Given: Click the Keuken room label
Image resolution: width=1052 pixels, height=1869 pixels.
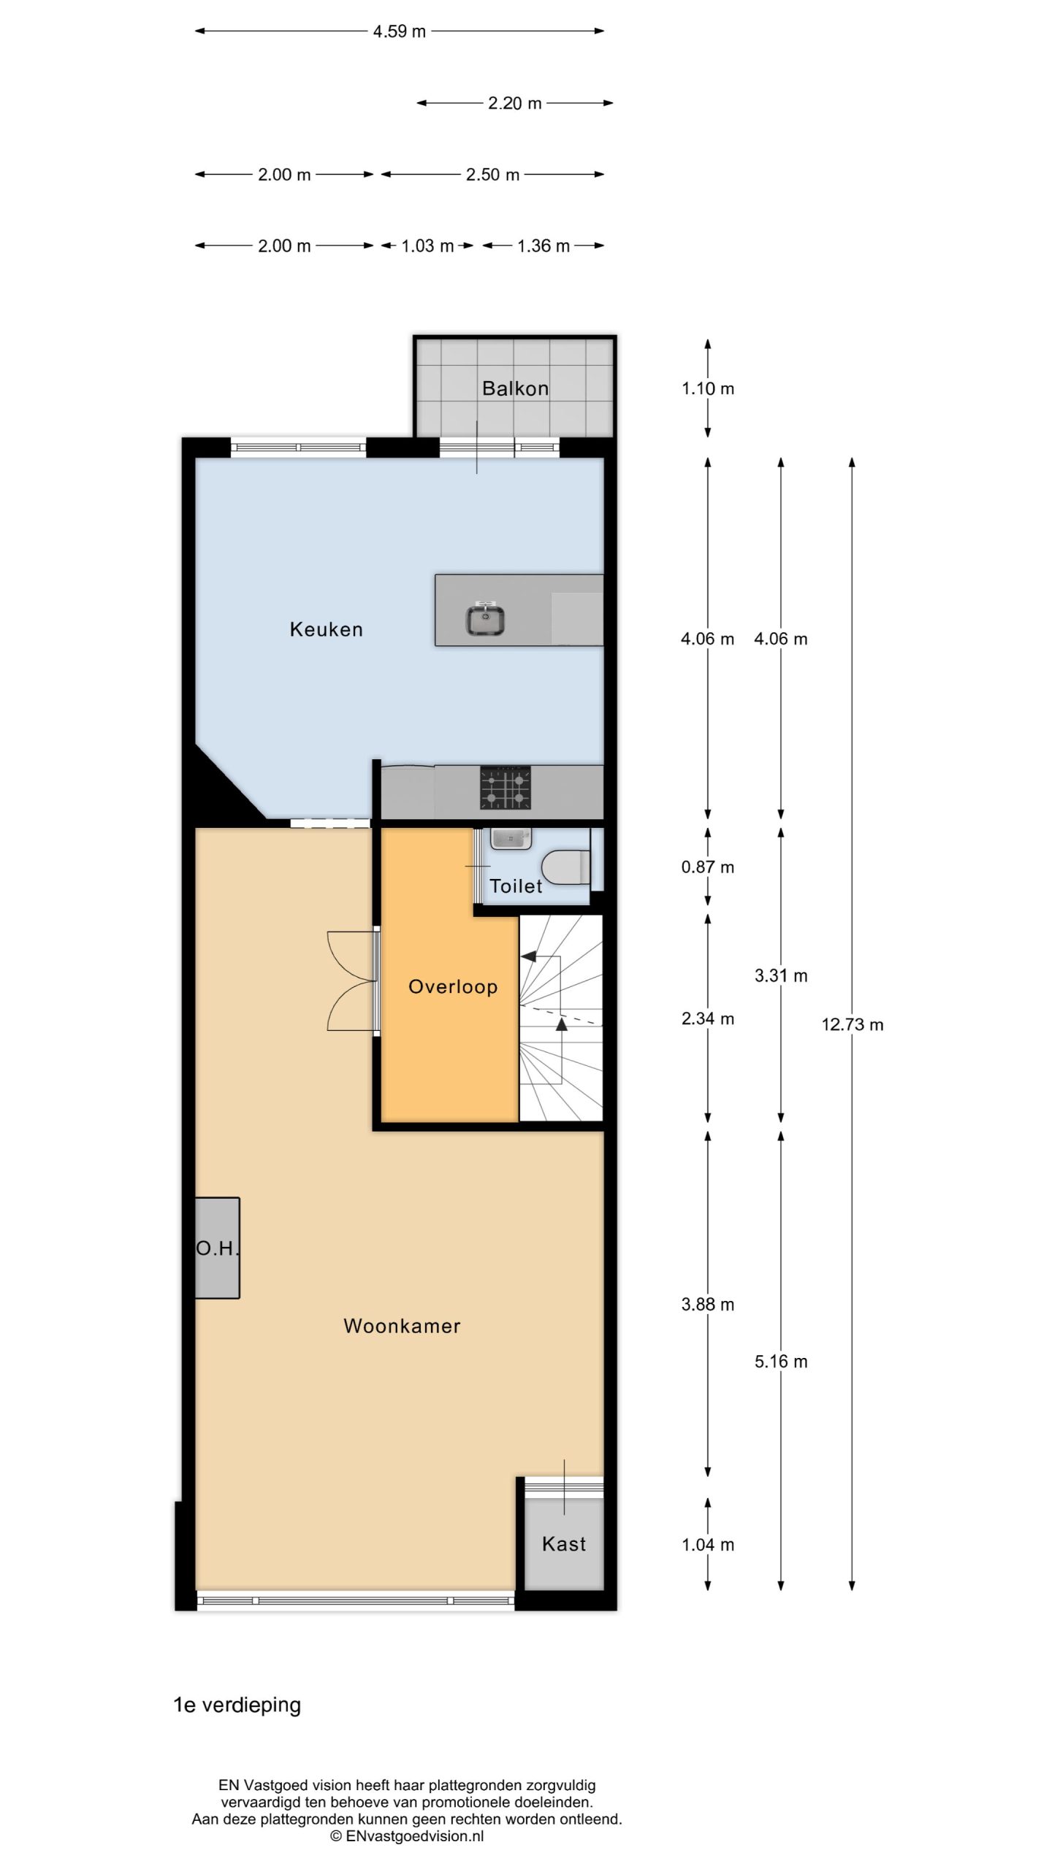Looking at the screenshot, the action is pyautogui.click(x=326, y=629).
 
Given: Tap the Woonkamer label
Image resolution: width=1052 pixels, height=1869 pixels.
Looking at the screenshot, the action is pyautogui.click(x=402, y=1326).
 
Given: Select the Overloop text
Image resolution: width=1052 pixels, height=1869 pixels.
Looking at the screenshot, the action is pyautogui.click(x=453, y=987).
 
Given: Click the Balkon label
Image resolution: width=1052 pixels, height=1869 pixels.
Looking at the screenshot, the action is pyautogui.click(x=515, y=388).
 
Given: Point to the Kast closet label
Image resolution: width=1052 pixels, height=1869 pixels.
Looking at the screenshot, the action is pyautogui.click(x=564, y=1543).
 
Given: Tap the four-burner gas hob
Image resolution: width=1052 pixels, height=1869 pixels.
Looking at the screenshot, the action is pyautogui.click(x=506, y=788).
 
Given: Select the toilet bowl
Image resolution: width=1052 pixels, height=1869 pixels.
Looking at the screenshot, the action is pyautogui.click(x=566, y=867).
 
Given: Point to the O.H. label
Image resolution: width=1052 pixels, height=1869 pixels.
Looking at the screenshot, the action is pyautogui.click(x=218, y=1248).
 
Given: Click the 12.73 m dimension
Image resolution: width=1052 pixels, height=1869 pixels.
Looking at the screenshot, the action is pyautogui.click(x=853, y=1024).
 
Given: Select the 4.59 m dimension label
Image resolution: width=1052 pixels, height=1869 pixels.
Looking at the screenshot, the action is pyautogui.click(x=400, y=31).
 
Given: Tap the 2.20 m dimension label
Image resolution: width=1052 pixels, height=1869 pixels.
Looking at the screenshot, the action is pyautogui.click(x=515, y=103).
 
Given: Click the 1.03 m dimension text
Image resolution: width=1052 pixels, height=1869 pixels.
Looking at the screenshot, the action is pyautogui.click(x=427, y=246).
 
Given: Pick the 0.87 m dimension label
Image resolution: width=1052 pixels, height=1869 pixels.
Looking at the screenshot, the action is pyautogui.click(x=708, y=867).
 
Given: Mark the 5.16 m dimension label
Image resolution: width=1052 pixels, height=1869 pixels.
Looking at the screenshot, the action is pyautogui.click(x=781, y=1362).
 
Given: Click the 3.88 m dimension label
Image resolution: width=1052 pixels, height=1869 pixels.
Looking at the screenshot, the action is pyautogui.click(x=708, y=1305).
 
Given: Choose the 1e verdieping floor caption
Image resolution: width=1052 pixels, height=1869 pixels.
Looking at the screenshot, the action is pyautogui.click(x=237, y=1705).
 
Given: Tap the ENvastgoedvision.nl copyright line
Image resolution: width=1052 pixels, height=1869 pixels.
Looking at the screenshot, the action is pyautogui.click(x=407, y=1836).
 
